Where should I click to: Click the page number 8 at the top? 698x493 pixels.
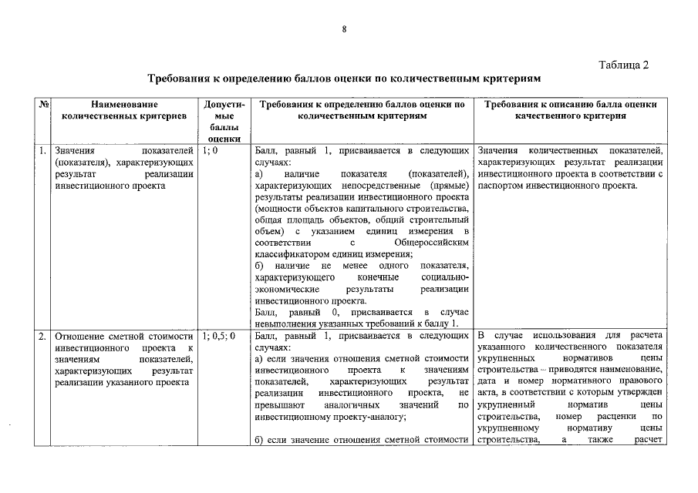pyautogui.click(x=344, y=29)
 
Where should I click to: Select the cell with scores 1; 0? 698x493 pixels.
pyautogui.click(x=210, y=151)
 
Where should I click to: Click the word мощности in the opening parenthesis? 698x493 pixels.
pyautogui.click(x=278, y=209)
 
